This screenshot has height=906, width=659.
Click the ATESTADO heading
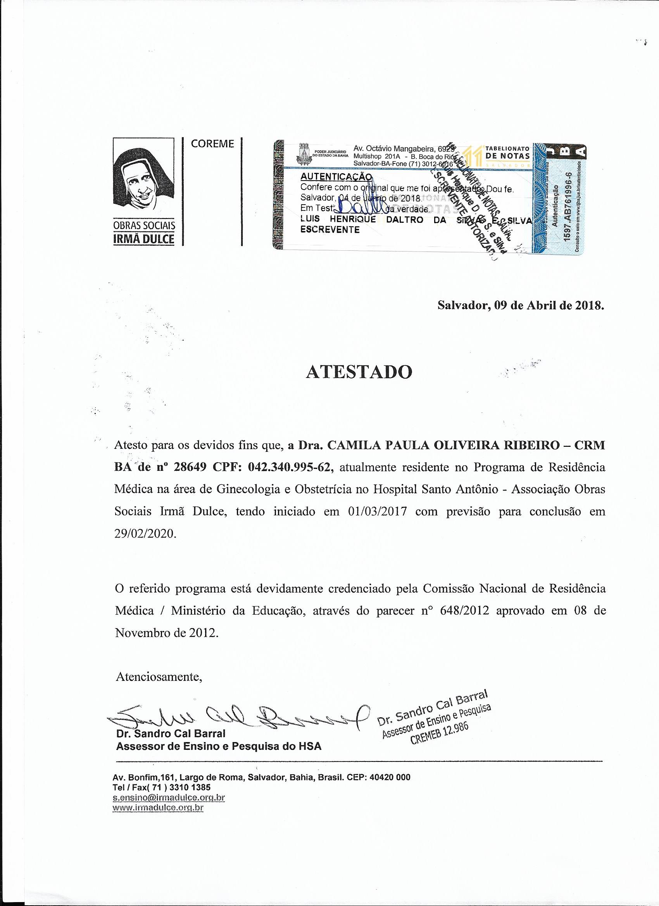(x=359, y=372)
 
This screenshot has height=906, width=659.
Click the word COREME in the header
(x=212, y=144)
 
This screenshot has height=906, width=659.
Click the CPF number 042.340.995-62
(x=290, y=467)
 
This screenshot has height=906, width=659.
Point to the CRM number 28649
(x=190, y=467)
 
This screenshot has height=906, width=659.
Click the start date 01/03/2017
(x=377, y=512)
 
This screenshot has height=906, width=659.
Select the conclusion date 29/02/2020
(x=145, y=534)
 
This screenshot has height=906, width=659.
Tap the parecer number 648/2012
(x=464, y=610)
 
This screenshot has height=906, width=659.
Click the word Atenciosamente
(x=159, y=677)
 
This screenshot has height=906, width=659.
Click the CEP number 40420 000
(x=390, y=777)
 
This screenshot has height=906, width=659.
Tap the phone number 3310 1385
(x=190, y=787)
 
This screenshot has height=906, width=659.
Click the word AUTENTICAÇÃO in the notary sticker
(x=336, y=176)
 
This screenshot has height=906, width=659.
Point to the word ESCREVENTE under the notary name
(x=330, y=230)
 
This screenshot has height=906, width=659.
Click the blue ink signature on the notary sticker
(x=360, y=207)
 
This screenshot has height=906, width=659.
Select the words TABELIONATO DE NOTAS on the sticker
(x=507, y=153)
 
